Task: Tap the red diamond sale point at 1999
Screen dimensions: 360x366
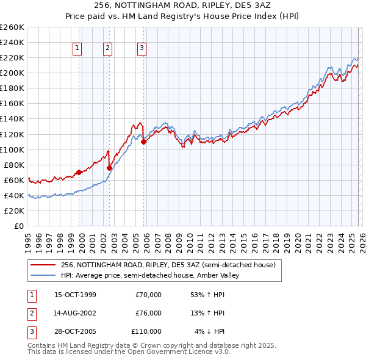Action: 79,172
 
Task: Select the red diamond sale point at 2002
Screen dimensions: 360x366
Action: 110,168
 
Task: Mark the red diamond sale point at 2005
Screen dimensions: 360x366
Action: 144,142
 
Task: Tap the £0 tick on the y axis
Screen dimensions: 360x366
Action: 18,226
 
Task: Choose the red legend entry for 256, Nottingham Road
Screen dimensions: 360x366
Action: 168,265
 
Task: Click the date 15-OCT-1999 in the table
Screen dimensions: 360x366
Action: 75,295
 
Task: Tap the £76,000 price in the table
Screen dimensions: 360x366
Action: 148,313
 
